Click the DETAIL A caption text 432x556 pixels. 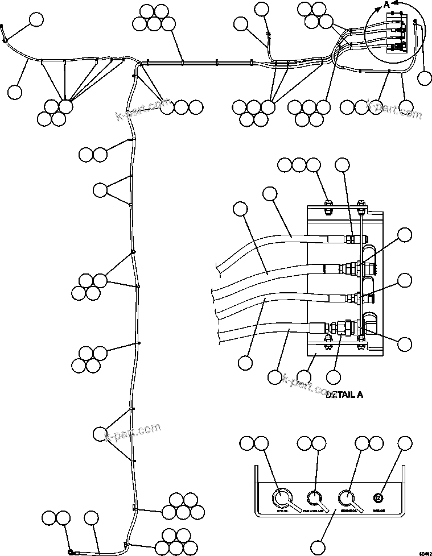[345, 394]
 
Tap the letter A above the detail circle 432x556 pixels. [387, 5]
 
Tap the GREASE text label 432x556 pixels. [379, 511]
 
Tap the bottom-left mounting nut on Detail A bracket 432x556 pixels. [328, 341]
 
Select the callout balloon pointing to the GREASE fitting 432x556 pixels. [405, 444]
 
